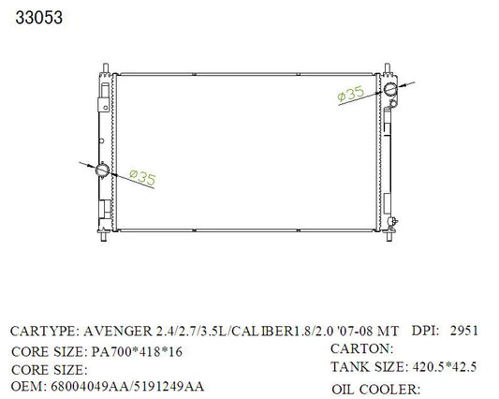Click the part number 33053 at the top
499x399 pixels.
tap(38, 18)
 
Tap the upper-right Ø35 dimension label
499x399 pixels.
tap(350, 94)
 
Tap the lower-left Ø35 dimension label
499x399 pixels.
tap(143, 178)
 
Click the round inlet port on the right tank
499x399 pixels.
tap(389, 89)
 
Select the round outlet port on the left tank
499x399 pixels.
tap(102, 170)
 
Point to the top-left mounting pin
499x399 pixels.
tap(106, 68)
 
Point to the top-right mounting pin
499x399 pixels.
tap(388, 68)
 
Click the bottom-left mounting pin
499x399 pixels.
tap(103, 237)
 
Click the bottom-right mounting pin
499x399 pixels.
tap(389, 237)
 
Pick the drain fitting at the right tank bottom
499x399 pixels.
tap(392, 222)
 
